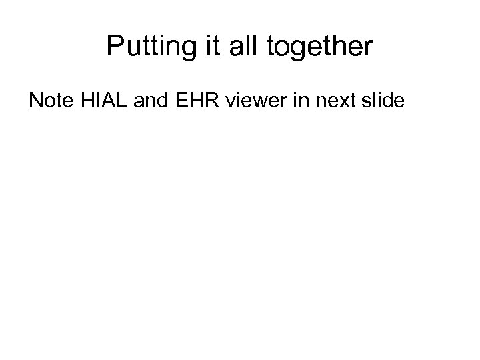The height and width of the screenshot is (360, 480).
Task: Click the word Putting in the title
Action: click(145, 47)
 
